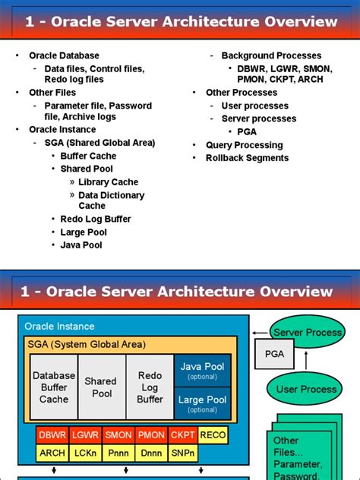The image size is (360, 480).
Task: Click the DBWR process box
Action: (52, 435)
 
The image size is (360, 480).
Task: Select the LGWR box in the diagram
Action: (85, 435)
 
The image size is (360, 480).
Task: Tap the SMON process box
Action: (118, 435)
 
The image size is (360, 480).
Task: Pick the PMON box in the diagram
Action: (150, 435)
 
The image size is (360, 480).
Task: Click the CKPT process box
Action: (182, 435)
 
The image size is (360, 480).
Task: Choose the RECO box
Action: (213, 435)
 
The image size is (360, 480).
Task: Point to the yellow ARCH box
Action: (52, 453)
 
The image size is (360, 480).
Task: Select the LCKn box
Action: (85, 453)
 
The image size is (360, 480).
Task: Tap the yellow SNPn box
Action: (182, 453)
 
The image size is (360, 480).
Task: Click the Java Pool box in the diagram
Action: (202, 371)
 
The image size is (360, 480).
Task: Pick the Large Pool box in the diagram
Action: (202, 403)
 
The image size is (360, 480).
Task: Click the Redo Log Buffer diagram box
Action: (150, 387)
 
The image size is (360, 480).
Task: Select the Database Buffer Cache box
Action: (54, 387)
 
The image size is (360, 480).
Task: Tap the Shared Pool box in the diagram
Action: (101, 387)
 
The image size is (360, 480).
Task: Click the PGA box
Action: (274, 353)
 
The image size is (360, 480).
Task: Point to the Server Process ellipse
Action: (308, 333)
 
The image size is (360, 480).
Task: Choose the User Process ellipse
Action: (306, 389)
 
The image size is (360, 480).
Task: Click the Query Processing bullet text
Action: (244, 145)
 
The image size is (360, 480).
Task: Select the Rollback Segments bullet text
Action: (247, 158)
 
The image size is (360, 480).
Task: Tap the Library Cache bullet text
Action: (108, 182)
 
